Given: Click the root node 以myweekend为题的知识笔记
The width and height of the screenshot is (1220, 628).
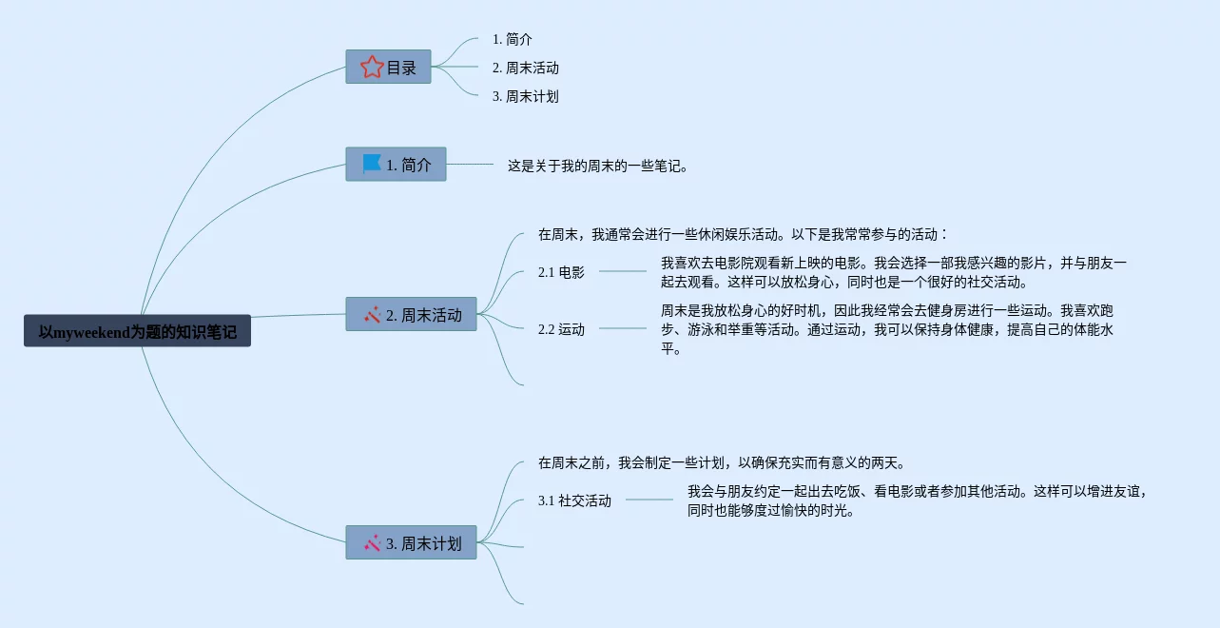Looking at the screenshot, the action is pos(137,331).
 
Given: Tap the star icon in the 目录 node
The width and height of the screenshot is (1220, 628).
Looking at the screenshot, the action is pos(372,68).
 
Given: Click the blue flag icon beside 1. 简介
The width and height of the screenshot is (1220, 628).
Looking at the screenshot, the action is pos(372,164).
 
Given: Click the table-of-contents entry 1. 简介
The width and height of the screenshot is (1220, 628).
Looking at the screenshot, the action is pos(512,39).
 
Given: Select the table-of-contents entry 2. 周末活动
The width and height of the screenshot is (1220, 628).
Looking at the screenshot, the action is pos(525,68).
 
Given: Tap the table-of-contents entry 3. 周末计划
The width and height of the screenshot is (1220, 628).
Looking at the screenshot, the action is pos(525,96).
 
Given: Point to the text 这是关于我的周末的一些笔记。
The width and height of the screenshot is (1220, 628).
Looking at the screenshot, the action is pos(597,166).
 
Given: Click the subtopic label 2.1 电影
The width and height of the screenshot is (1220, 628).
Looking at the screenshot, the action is pos(561,272).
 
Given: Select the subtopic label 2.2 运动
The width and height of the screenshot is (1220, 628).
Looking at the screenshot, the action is pos(561,329).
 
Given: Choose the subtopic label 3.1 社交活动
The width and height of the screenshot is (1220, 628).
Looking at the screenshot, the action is pos(574,500).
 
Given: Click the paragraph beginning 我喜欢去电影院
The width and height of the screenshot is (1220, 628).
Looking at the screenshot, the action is pos(893,272).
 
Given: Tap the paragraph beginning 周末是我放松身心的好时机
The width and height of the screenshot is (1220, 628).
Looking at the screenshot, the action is pos(886,329).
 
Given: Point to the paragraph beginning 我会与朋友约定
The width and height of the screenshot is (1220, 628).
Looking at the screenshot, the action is pos(919,500).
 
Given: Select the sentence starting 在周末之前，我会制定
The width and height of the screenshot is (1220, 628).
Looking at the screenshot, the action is pos(722,462).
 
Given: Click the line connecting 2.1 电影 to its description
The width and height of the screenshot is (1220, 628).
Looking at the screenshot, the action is pos(623,271).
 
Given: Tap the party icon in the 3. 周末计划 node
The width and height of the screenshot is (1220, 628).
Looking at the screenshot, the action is pos(372,543).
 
